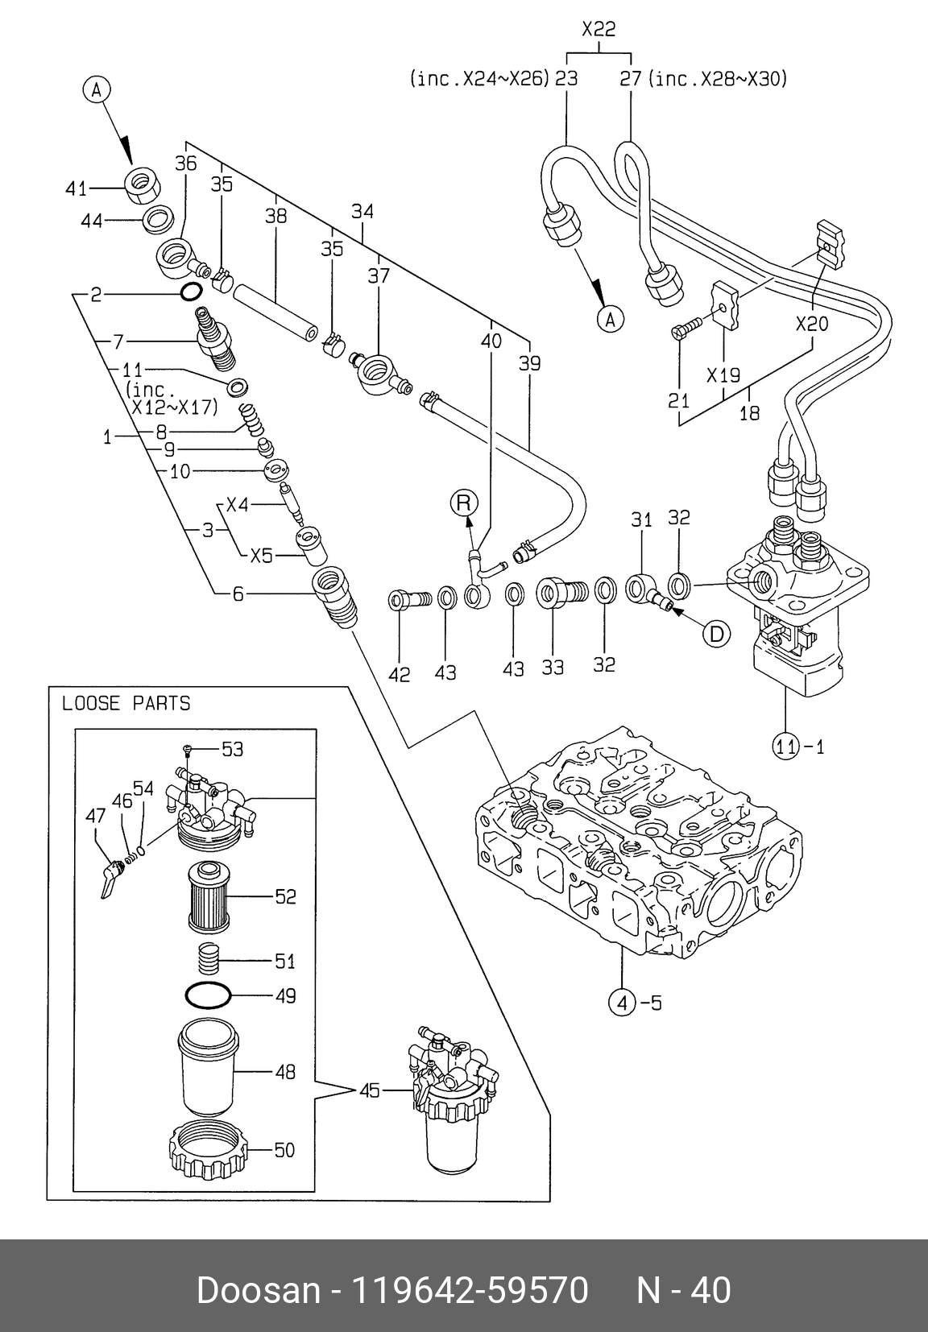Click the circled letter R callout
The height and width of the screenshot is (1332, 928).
463,503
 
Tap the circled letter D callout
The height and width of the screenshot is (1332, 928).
715,634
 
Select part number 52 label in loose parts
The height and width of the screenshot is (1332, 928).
285,896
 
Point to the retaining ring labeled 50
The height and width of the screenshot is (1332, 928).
208,1147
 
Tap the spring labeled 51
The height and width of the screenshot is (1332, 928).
208,958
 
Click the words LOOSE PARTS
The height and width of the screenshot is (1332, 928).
126,703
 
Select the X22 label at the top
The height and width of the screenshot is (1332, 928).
599,30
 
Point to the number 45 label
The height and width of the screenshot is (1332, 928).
370,1091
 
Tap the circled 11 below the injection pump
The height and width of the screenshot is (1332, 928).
786,747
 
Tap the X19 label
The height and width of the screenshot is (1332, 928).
723,375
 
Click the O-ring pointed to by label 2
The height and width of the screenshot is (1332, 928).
190,292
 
